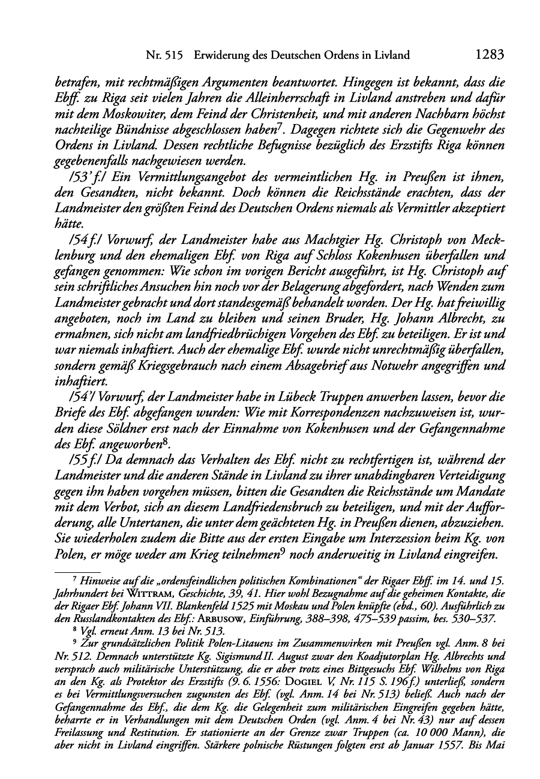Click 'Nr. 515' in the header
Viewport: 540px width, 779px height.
[x=164, y=56]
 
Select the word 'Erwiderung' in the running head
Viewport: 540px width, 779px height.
[x=221, y=56]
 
